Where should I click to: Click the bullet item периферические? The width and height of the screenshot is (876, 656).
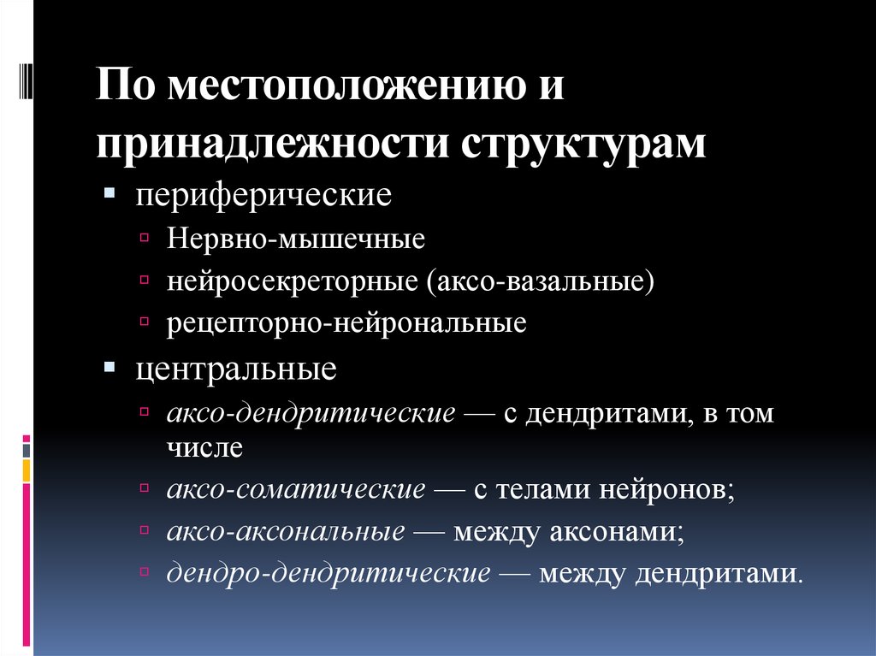point(263,195)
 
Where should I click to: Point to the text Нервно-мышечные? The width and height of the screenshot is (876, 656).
point(296,238)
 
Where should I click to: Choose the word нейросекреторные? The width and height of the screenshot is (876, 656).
point(292,281)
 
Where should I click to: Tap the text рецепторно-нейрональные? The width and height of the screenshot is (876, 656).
point(346,324)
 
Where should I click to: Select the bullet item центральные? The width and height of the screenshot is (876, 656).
point(235,370)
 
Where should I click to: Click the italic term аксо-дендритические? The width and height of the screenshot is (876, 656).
point(311,414)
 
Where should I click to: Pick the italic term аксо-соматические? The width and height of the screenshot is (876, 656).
point(296,490)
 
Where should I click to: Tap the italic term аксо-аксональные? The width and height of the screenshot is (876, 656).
point(287,531)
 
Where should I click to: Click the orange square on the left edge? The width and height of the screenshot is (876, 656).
point(27,469)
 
